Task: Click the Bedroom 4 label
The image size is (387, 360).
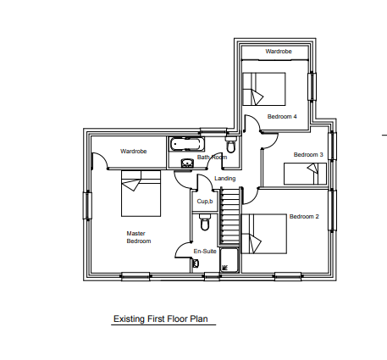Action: click(282, 116)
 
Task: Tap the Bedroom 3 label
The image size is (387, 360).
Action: click(308, 154)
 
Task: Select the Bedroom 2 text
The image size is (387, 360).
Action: click(304, 217)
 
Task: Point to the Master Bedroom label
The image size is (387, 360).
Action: click(139, 237)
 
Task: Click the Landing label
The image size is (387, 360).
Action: click(224, 179)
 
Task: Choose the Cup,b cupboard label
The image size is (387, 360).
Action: click(205, 202)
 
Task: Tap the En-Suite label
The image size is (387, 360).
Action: click(205, 251)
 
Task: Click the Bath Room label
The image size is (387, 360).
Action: click(212, 157)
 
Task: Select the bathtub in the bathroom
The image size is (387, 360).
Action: click(186, 144)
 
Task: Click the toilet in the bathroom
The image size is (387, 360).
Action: click(231, 144)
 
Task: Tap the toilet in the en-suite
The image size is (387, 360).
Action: click(205, 222)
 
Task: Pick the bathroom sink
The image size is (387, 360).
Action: click(187, 163)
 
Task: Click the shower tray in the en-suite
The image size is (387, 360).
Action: click(229, 260)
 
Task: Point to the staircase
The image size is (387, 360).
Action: click(229, 216)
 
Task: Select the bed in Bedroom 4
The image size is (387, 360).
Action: click(263, 89)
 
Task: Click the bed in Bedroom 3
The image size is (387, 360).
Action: click(305, 174)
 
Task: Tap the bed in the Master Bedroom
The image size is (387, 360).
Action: click(141, 193)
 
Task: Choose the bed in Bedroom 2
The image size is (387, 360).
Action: click(264, 234)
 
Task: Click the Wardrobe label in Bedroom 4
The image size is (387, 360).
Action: click(279, 51)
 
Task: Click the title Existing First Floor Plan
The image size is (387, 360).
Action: click(161, 318)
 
